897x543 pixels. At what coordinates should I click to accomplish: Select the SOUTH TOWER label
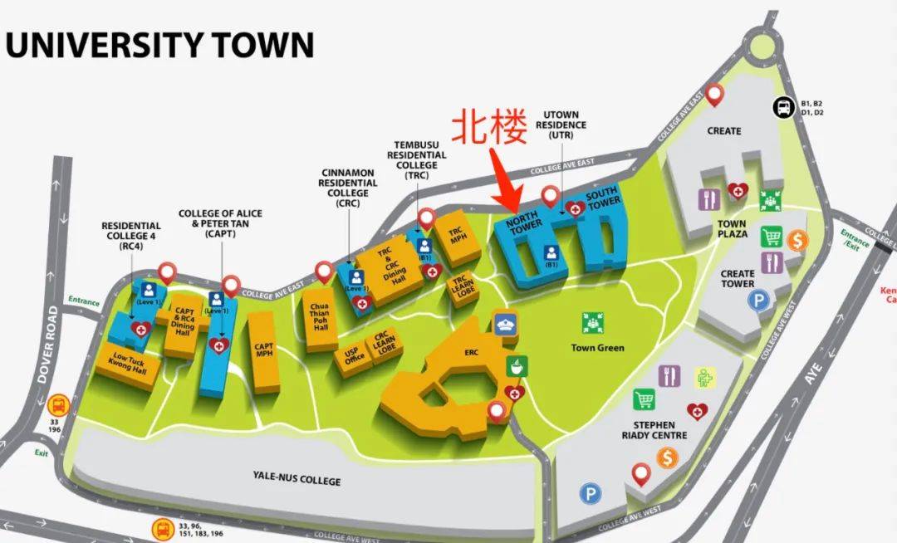[x=602, y=200]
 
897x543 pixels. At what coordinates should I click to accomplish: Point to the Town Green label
[x=597, y=347]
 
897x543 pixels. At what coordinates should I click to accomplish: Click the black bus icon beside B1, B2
[x=782, y=106]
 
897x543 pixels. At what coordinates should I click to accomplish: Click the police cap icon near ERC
[x=506, y=323]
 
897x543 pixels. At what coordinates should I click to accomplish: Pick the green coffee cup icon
[x=516, y=366]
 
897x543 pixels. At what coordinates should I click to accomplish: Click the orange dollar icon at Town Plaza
[x=797, y=241]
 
